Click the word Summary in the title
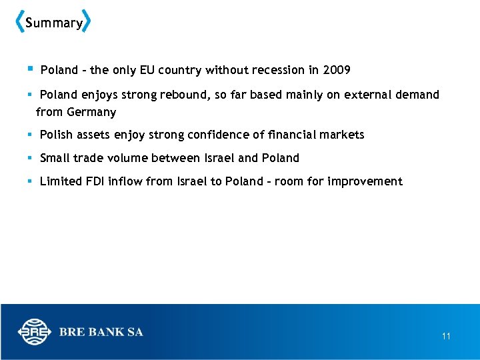point(53,23)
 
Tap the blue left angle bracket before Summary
point(19,22)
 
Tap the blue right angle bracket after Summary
point(87,22)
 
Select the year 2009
point(337,70)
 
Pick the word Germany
point(91,112)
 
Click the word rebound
point(184,95)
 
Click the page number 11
point(446,337)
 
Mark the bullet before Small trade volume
point(31,158)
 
